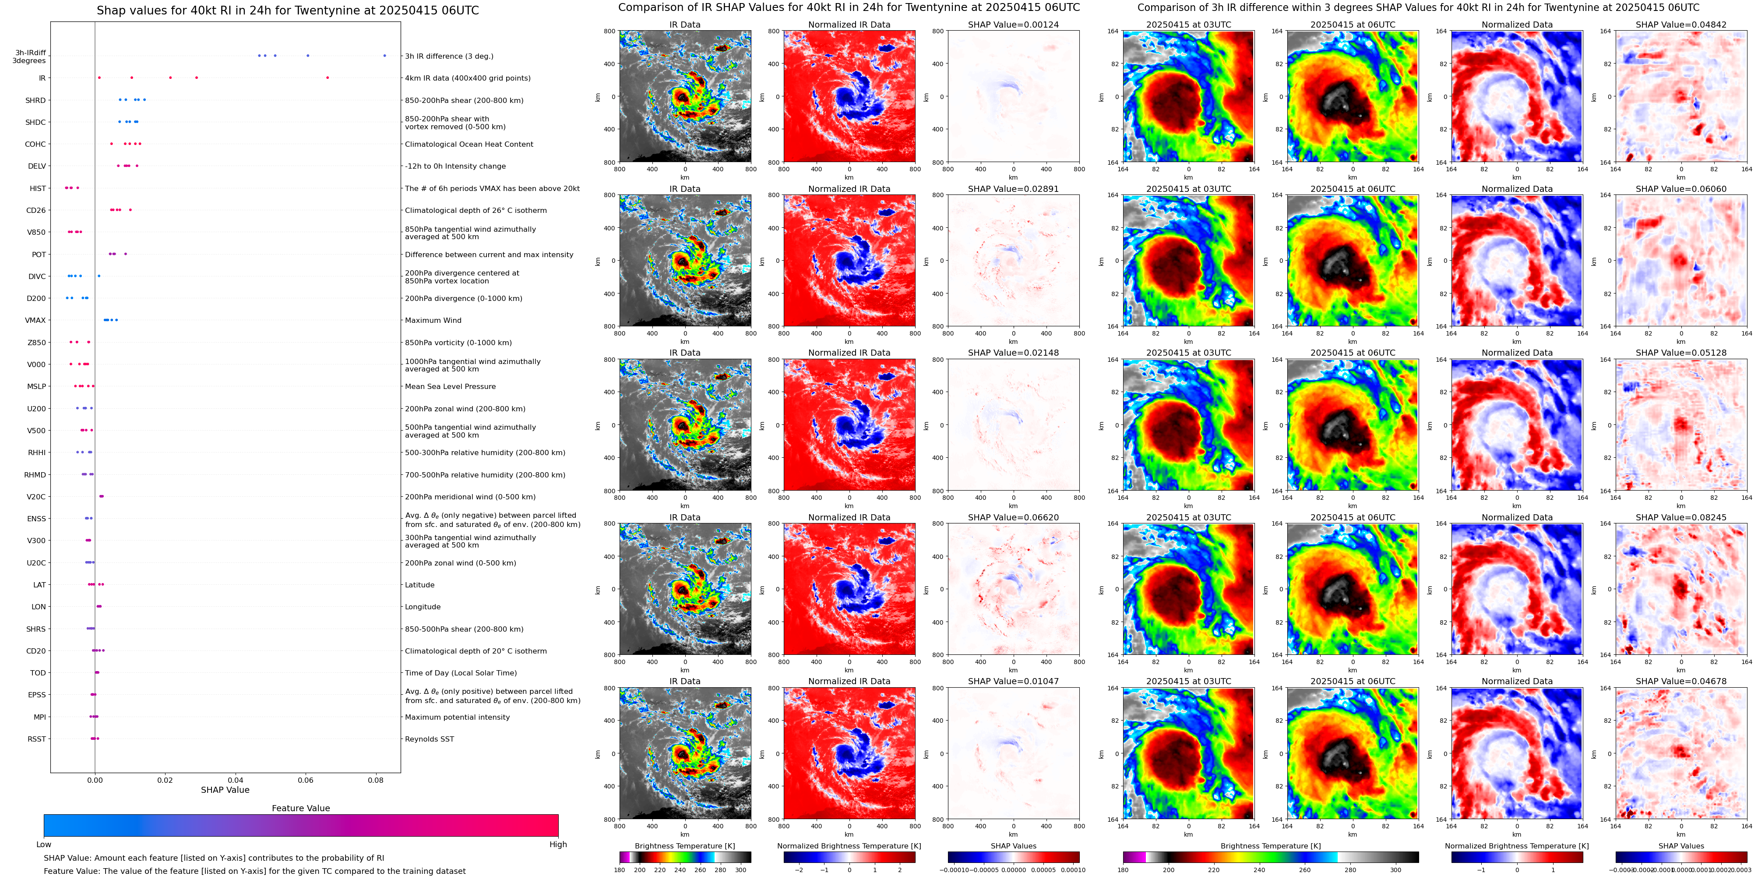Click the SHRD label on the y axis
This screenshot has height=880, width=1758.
point(35,100)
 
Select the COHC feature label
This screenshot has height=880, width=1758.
point(35,144)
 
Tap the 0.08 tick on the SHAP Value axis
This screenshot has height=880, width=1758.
point(375,780)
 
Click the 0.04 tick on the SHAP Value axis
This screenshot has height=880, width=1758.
point(236,780)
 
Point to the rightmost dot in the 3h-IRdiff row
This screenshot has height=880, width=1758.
point(384,55)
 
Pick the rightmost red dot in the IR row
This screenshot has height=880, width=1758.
point(328,78)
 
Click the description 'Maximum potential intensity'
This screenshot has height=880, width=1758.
point(457,717)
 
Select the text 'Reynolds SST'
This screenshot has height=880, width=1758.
point(429,739)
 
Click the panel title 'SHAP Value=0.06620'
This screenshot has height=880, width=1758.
point(1013,517)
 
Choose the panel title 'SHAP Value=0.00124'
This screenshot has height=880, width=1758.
point(1013,25)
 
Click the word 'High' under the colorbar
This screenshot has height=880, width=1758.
point(557,845)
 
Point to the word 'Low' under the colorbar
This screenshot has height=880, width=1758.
point(44,845)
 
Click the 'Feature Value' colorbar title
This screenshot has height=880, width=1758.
point(300,808)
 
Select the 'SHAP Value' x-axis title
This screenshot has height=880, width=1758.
point(225,790)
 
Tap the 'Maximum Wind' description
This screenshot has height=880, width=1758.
point(433,320)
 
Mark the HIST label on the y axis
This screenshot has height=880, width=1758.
point(38,188)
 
